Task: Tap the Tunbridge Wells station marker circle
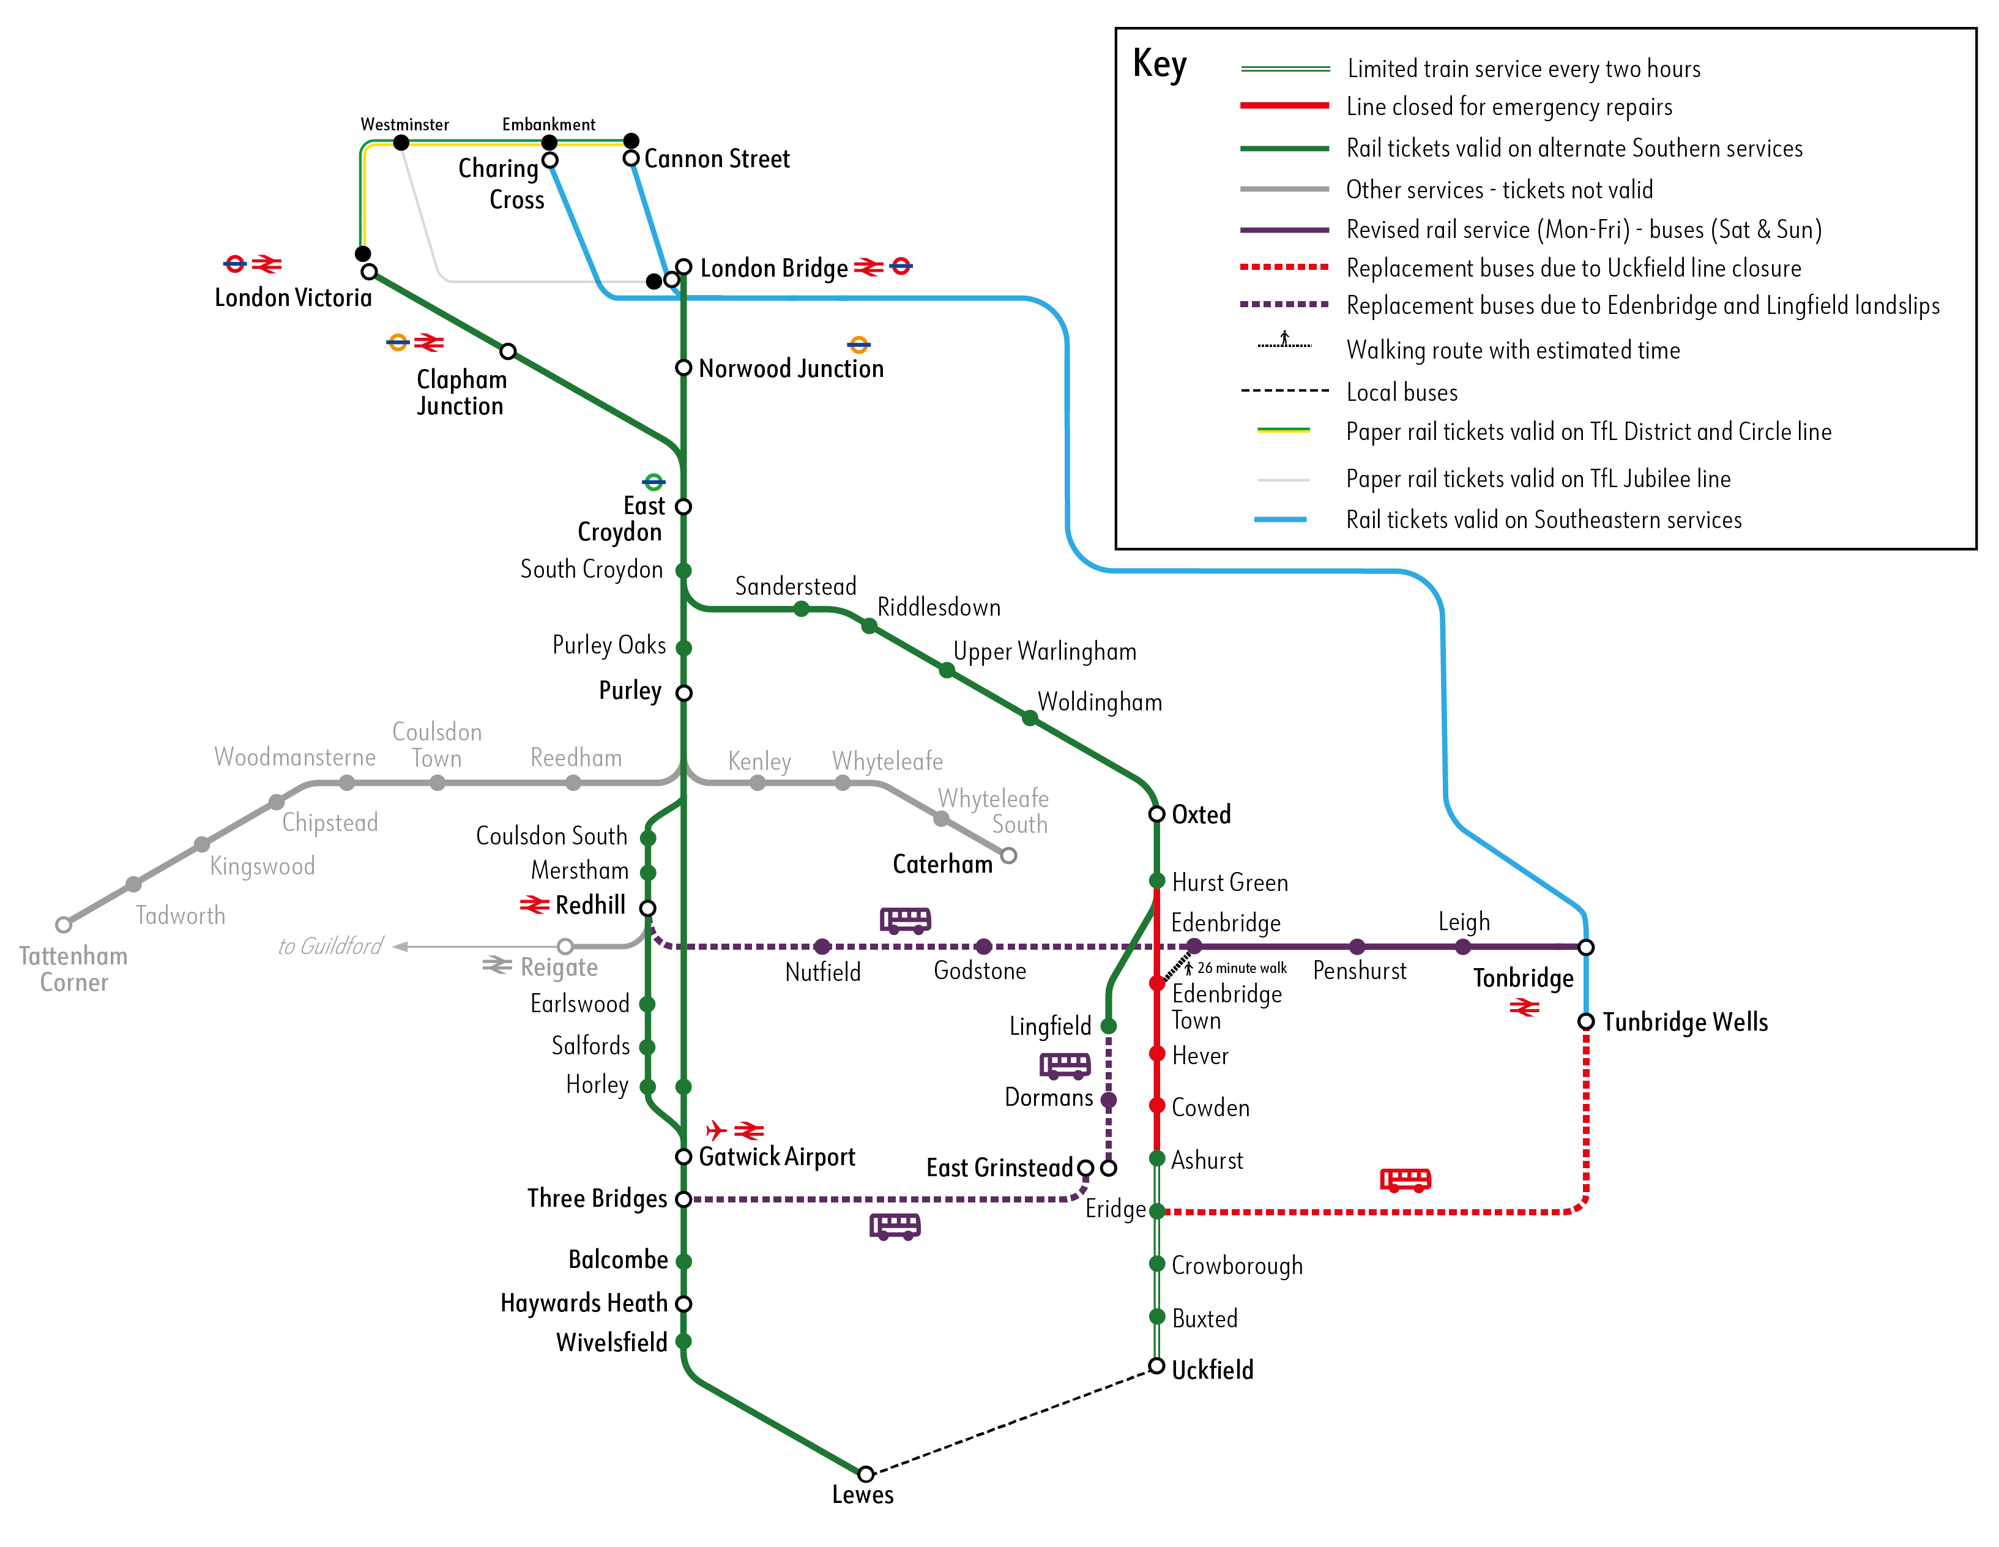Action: pos(1585,1021)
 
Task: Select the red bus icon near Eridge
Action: pos(1405,1180)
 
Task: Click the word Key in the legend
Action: pos(1159,65)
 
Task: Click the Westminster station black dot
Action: pos(401,142)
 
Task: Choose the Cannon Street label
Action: pos(716,159)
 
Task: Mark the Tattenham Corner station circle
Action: pos(63,925)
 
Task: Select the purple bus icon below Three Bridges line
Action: pos(894,1226)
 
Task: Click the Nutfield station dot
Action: pos(822,947)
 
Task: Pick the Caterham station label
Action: pos(942,864)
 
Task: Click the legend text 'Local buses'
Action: pos(1401,393)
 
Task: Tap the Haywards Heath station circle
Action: pos(683,1303)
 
